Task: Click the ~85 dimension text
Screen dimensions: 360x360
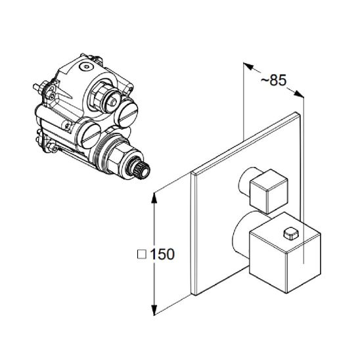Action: (x=274, y=80)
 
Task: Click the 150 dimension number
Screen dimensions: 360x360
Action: (x=162, y=254)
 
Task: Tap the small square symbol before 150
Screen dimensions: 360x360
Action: (x=142, y=254)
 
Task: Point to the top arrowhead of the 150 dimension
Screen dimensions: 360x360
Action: (x=154, y=198)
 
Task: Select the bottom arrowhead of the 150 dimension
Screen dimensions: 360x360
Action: (x=154, y=309)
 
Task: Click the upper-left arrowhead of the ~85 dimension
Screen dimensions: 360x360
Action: (x=248, y=66)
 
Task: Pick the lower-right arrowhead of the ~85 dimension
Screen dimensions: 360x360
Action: (x=299, y=93)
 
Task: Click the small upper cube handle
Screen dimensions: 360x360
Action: (x=269, y=191)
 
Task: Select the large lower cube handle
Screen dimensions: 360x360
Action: (x=285, y=252)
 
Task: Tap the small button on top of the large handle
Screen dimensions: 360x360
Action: (x=291, y=233)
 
